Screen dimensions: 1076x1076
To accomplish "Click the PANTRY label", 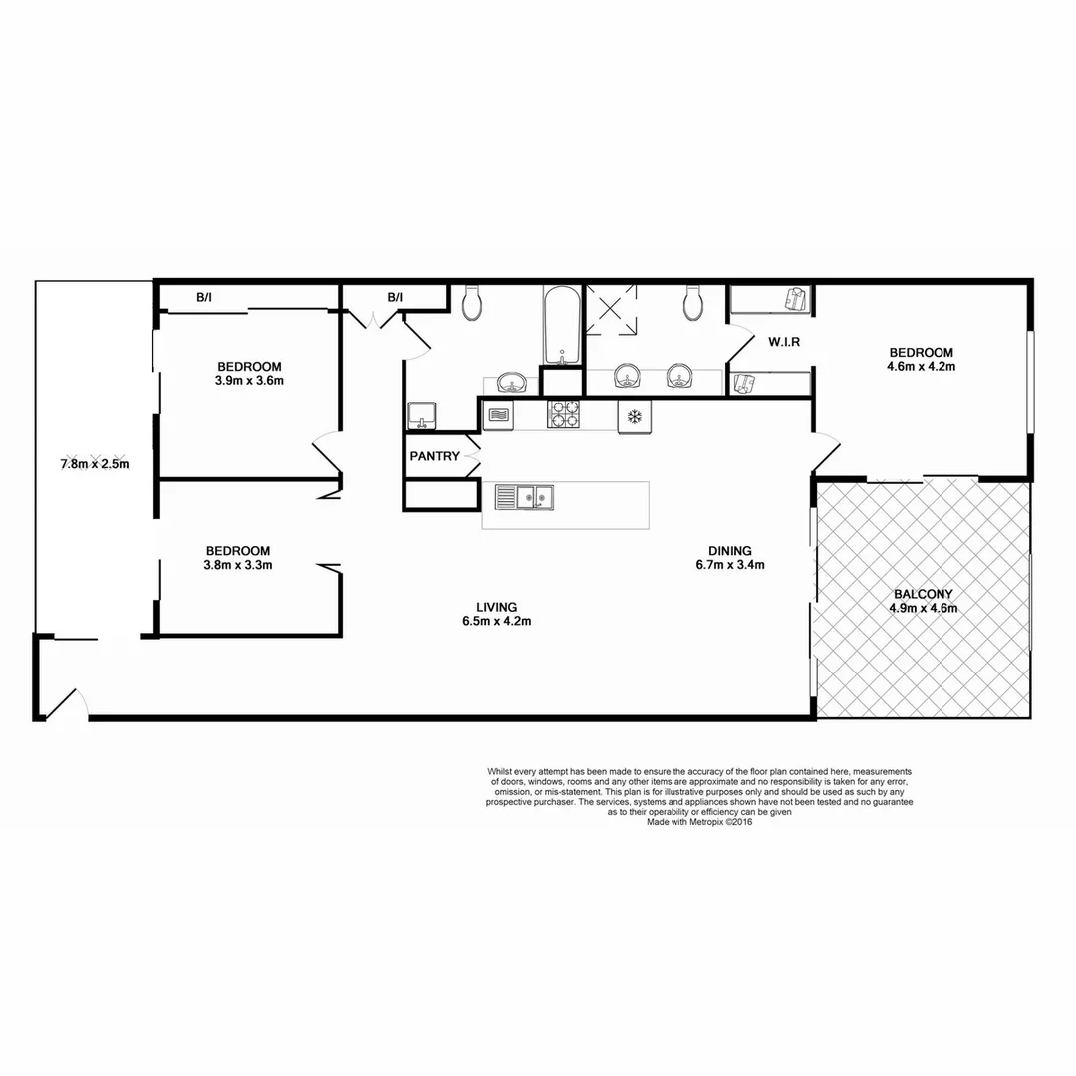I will [x=434, y=457].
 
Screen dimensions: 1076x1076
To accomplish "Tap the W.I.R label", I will [x=785, y=342].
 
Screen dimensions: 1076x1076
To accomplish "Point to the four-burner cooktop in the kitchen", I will [x=564, y=413].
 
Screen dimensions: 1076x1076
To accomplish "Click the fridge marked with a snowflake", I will [x=633, y=414].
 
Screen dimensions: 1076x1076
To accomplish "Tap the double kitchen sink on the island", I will [x=524, y=495].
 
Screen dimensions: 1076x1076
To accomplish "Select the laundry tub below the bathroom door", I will [x=422, y=415].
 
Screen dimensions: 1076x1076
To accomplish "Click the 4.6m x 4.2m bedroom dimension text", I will [x=922, y=367].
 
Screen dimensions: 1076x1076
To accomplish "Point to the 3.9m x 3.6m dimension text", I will [x=249, y=381].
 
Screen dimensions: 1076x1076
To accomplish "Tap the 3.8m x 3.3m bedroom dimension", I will [x=238, y=565].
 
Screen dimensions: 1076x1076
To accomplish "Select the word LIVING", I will [x=496, y=607].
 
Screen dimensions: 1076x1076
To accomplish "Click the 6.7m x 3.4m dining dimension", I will [x=730, y=565].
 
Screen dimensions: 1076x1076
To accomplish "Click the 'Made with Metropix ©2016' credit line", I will [x=699, y=823].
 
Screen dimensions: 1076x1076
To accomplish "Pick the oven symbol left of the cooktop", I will [x=497, y=414].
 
